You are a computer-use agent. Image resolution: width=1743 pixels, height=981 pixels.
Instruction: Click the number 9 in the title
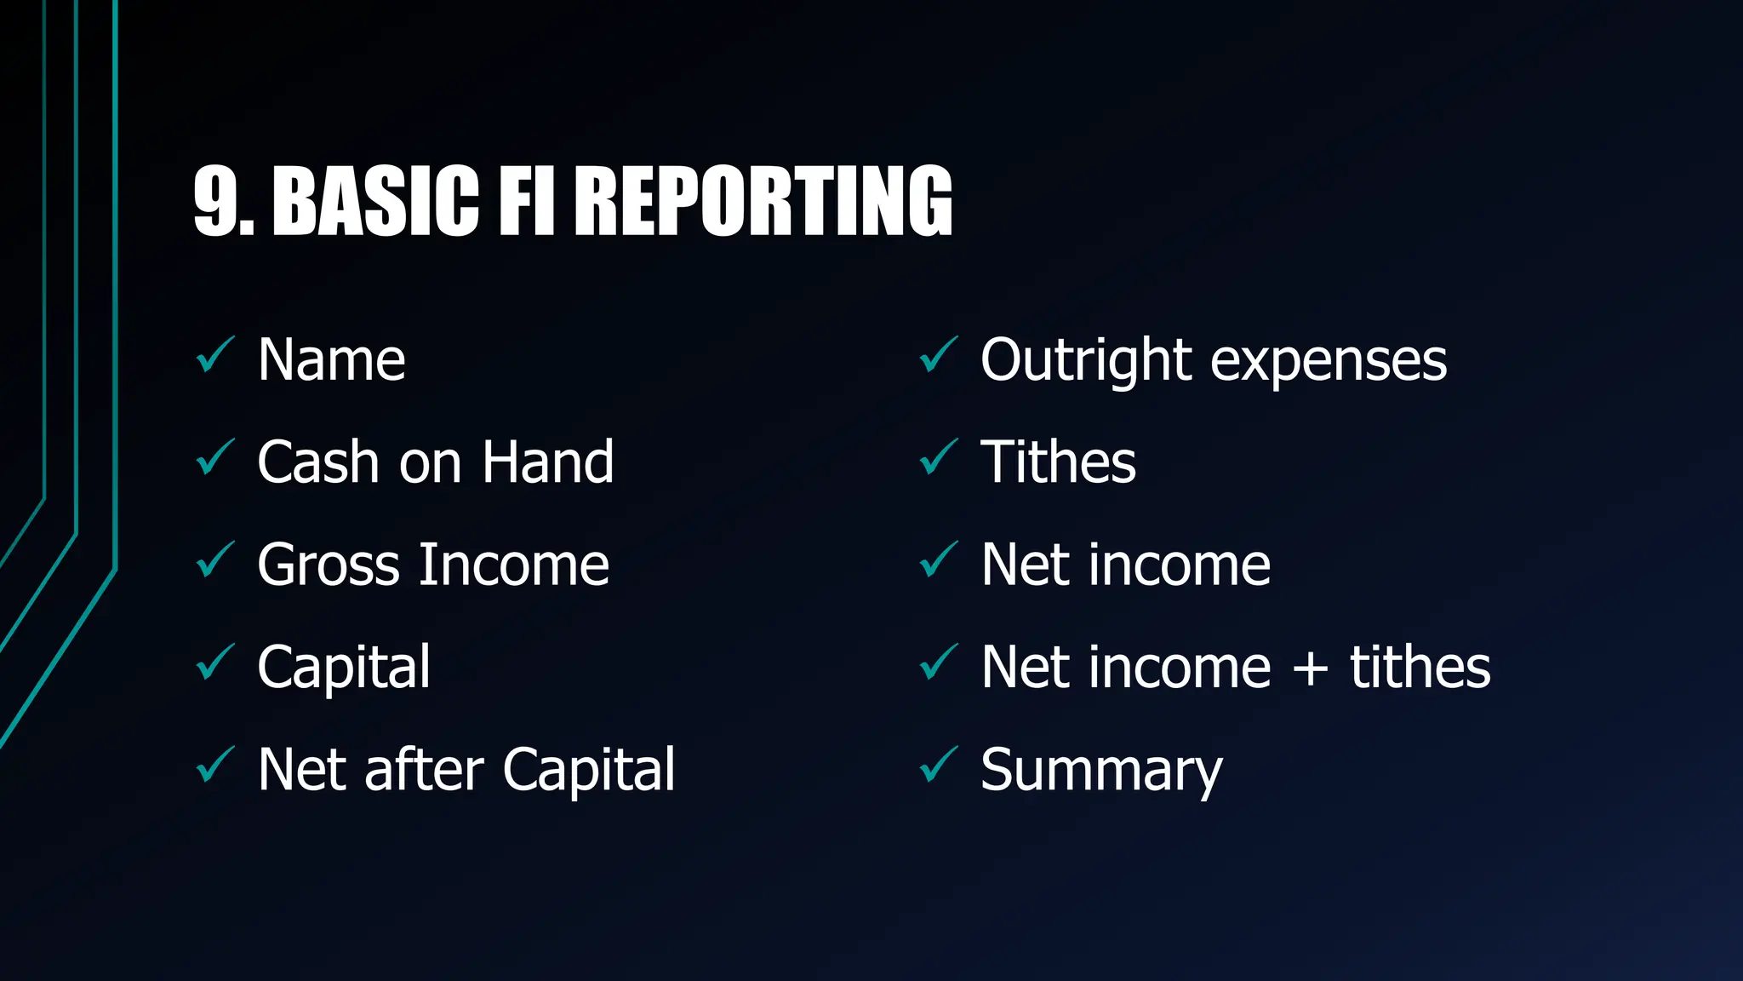click(x=216, y=201)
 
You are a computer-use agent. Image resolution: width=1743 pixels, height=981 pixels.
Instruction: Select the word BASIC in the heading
click(x=375, y=201)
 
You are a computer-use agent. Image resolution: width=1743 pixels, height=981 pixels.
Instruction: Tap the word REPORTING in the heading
click(x=763, y=201)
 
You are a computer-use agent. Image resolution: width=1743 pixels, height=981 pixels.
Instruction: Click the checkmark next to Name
click(x=214, y=355)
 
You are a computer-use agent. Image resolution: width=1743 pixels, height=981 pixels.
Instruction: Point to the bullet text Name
click(x=331, y=360)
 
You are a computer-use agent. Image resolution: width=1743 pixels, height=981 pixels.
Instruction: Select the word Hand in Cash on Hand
click(x=547, y=462)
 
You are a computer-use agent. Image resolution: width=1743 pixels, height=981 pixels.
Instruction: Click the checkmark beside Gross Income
click(x=214, y=560)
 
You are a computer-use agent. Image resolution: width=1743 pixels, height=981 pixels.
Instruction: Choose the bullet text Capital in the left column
click(x=344, y=668)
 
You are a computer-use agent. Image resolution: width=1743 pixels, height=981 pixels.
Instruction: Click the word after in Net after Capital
click(x=425, y=770)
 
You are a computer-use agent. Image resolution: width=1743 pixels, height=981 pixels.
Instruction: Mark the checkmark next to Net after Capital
click(x=214, y=765)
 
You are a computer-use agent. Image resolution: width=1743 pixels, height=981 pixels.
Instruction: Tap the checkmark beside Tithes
click(x=938, y=457)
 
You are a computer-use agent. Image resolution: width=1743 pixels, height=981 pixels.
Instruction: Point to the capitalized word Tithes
click(x=1058, y=462)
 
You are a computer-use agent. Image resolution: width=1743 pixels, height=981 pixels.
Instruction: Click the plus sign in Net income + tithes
click(x=1310, y=668)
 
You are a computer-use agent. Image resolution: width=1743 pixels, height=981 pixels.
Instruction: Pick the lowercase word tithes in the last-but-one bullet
click(x=1420, y=667)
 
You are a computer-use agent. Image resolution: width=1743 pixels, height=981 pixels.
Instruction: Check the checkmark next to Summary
click(x=938, y=765)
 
